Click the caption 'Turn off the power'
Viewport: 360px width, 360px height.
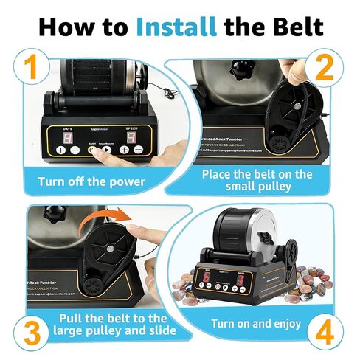pyautogui.click(x=92, y=179)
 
